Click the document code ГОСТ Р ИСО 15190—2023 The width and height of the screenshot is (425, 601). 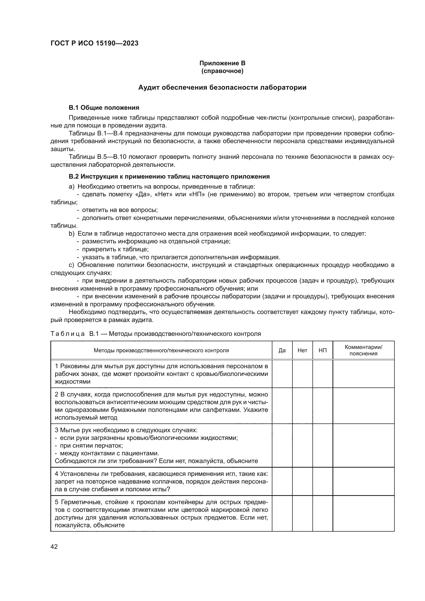pos(95,43)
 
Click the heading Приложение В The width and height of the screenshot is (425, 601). pos(222,63)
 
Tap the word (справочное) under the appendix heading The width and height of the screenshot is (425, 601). pos(222,71)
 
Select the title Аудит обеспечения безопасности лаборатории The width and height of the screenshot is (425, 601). pos(222,87)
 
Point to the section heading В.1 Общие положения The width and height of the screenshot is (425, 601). pos(104,108)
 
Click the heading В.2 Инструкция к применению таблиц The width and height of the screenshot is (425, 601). pos(169,177)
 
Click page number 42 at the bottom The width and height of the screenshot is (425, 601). pos(54,547)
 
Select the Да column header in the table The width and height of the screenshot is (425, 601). pos(282,350)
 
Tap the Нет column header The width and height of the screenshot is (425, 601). pos(302,350)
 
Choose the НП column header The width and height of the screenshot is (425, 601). pos(322,350)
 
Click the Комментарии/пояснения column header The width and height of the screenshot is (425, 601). pos(363,350)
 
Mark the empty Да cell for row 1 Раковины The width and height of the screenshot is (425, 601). pos(282,374)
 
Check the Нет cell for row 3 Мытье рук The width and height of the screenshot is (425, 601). pos(302,445)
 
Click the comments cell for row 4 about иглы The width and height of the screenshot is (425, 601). pos(363,481)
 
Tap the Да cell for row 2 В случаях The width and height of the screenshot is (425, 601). pos(282,406)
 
